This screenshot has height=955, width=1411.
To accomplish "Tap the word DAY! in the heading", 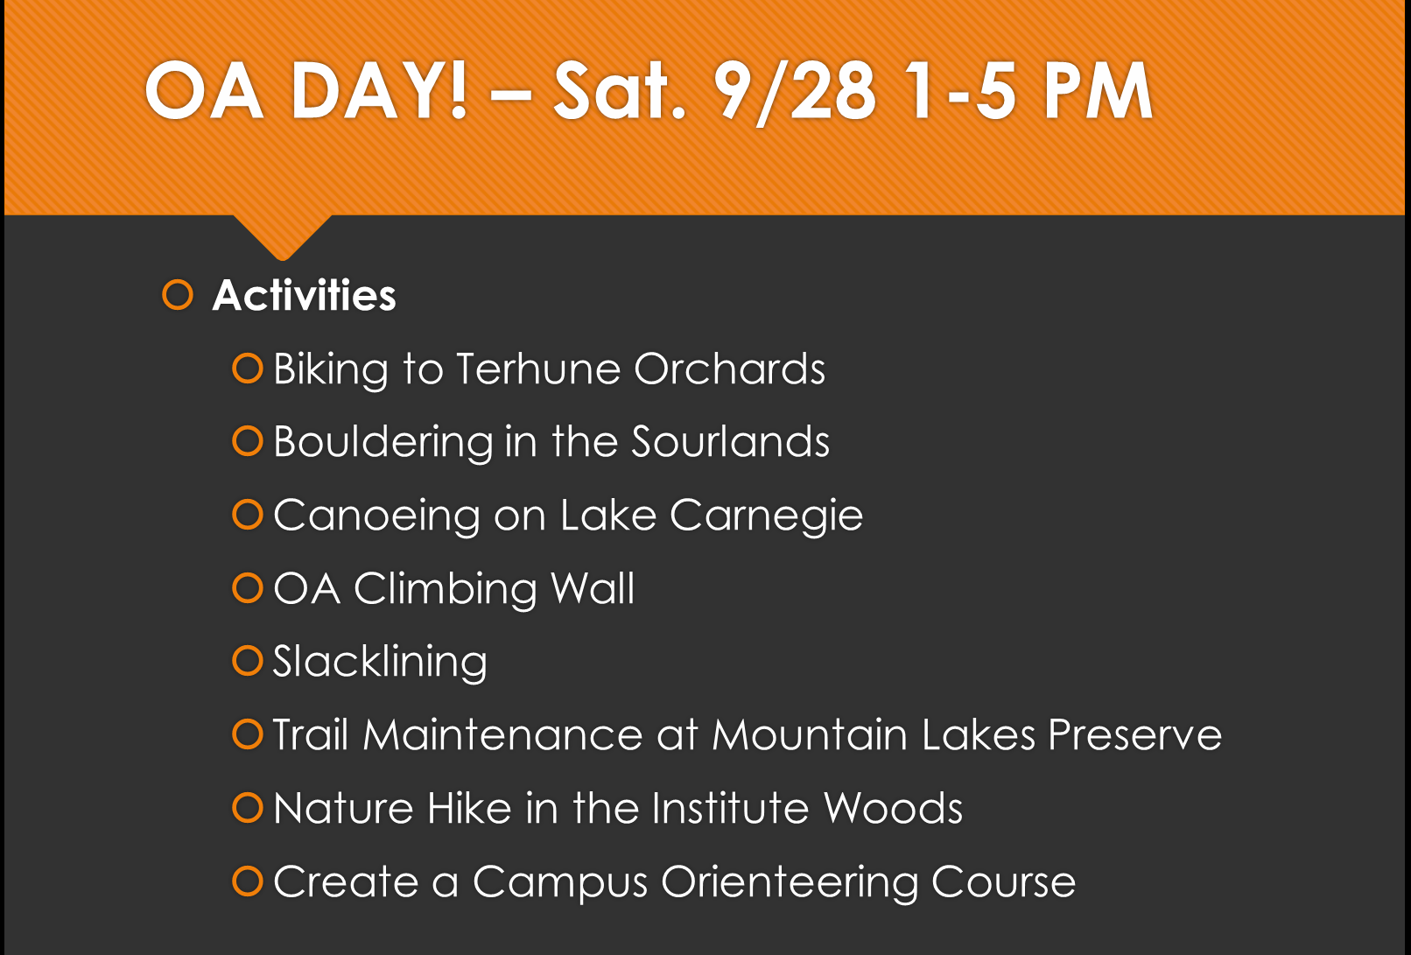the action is pyautogui.click(x=379, y=92).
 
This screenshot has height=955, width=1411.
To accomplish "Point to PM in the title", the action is pyautogui.click(x=1098, y=92).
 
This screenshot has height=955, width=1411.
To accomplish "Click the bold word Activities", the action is pyautogui.click(x=305, y=295).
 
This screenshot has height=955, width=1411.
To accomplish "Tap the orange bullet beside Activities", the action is pyautogui.click(x=178, y=295).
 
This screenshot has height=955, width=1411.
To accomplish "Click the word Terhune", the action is pyautogui.click(x=538, y=369).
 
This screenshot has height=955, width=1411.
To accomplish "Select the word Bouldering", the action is pyautogui.click(x=383, y=442).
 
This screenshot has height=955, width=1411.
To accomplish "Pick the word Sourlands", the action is pyautogui.click(x=731, y=441).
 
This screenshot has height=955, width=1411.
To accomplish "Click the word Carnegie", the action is pyautogui.click(x=766, y=516).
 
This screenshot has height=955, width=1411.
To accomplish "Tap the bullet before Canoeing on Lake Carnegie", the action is pyautogui.click(x=248, y=515).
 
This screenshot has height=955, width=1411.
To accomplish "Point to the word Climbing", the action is pyautogui.click(x=445, y=590).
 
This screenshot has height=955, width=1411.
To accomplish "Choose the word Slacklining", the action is pyautogui.click(x=380, y=663).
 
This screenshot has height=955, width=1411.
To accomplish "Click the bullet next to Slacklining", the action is pyautogui.click(x=248, y=661).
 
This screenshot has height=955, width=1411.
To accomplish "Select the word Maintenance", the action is pyautogui.click(x=502, y=734).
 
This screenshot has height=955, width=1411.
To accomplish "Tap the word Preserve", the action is pyautogui.click(x=1134, y=734).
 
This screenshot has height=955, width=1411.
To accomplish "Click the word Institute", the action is pyautogui.click(x=730, y=808).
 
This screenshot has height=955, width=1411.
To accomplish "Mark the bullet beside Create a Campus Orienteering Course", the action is pyautogui.click(x=248, y=881).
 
